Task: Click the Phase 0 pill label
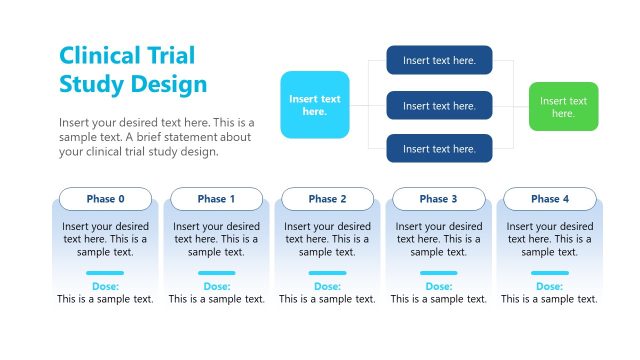pos(105,199)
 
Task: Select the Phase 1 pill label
pos(216,199)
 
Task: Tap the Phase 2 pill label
pos(327,199)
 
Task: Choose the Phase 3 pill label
pos(438,199)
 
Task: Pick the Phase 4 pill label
pos(549,199)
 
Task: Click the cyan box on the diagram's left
pos(315,105)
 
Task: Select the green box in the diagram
pos(563,106)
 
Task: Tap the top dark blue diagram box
pos(439,60)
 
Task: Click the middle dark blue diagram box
pos(439,105)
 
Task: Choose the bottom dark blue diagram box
pos(439,149)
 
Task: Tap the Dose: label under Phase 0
pos(105,286)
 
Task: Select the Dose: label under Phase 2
pos(327,286)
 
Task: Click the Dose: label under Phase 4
pos(549,286)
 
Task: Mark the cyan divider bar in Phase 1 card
pos(216,272)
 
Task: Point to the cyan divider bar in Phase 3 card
pos(438,272)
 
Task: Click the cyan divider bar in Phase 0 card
pos(105,272)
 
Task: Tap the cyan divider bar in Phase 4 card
pos(549,272)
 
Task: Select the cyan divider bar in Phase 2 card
pos(327,272)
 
